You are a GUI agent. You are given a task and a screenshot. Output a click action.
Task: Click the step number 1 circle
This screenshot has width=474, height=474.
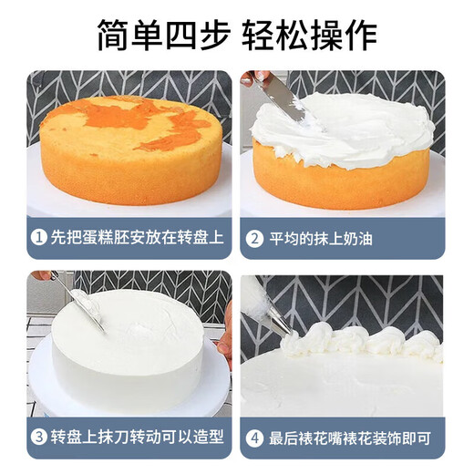click(x=39, y=240)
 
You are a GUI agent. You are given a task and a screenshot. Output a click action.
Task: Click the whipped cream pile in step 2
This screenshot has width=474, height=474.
click(x=342, y=132)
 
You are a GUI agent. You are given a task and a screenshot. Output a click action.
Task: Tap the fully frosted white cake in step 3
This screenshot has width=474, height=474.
click(x=128, y=346)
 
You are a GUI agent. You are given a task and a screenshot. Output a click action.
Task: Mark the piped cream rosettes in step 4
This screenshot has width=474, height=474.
click(x=365, y=343)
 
